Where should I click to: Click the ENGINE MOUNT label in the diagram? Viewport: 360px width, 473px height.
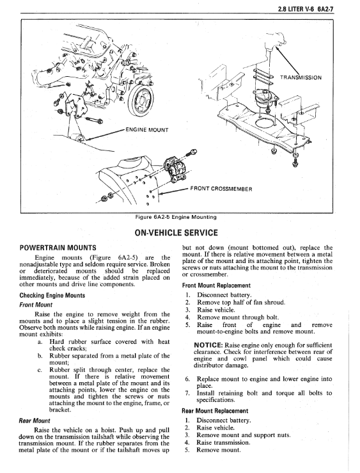coord(146,130)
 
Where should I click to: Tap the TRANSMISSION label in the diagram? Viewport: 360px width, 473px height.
coord(301,77)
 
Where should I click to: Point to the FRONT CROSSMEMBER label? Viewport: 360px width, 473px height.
coord(221,189)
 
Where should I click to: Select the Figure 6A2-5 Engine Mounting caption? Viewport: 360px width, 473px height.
coord(176,217)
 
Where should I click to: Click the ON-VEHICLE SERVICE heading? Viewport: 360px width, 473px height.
coord(176,232)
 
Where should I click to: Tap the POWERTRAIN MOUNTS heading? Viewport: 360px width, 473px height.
coord(58,248)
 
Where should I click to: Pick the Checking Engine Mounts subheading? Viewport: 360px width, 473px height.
coord(52,295)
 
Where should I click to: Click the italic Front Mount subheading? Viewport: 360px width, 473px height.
coord(36,305)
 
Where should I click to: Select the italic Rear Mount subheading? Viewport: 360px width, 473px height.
coord(35,421)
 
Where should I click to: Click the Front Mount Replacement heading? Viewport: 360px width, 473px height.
coord(216,285)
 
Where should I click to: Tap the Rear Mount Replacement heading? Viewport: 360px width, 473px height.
coord(215,411)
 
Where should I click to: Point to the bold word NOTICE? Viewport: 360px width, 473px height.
coord(208,345)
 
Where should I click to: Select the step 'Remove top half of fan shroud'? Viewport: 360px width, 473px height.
coord(241,303)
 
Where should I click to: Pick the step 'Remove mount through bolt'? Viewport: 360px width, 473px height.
coord(238,317)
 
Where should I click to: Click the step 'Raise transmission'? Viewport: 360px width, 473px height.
coord(223,443)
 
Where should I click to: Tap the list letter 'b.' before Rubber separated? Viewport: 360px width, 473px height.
coord(40,356)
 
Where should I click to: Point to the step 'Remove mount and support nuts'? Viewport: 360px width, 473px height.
coord(244,435)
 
